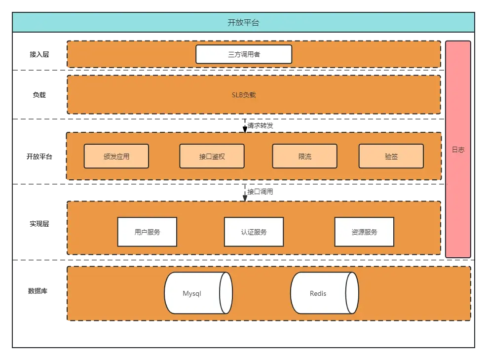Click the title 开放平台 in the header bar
pyautogui.click(x=243, y=23)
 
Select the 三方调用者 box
pyautogui.click(x=244, y=54)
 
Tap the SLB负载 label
pyautogui.click(x=244, y=95)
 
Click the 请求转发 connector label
pyautogui.click(x=260, y=125)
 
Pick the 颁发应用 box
pyautogui.click(x=116, y=157)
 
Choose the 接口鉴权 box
pyautogui.click(x=212, y=157)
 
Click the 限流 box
pyautogui.click(x=305, y=157)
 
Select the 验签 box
pyautogui.click(x=391, y=157)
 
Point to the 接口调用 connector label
pyautogui.click(x=260, y=192)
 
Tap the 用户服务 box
pyautogui.click(x=147, y=232)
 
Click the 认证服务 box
pyautogui.click(x=254, y=232)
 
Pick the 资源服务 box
pyautogui.click(x=364, y=232)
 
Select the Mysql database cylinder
pyautogui.click(x=192, y=293)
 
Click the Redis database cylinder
pyautogui.click(x=318, y=293)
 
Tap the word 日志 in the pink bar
pyautogui.click(x=458, y=150)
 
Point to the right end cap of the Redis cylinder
pyautogui.click(x=352, y=293)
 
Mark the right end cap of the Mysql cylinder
pyautogui.click(x=226, y=293)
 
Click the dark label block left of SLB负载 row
pyautogui.click(x=39, y=95)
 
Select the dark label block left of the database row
pyautogui.click(x=37, y=290)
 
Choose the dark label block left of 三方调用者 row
pyautogui.click(x=39, y=55)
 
